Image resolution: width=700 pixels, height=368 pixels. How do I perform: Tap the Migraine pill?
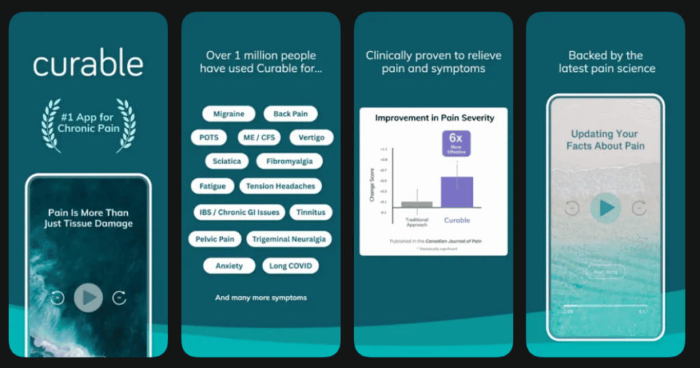[228, 114]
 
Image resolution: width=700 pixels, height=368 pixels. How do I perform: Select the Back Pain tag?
[291, 114]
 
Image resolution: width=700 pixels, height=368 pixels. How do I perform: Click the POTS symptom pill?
[208, 137]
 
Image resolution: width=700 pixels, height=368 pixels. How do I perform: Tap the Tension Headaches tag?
[280, 185]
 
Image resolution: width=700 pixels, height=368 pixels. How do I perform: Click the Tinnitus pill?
[311, 212]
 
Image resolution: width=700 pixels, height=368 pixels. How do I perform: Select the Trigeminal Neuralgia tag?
[288, 239]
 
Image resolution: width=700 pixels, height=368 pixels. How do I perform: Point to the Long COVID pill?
[291, 265]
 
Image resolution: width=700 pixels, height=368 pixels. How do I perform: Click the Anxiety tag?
[229, 265]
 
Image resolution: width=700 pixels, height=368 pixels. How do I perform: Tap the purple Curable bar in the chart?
[457, 192]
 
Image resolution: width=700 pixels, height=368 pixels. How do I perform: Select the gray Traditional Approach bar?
[416, 204]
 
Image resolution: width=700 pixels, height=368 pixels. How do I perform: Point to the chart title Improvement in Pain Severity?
[434, 118]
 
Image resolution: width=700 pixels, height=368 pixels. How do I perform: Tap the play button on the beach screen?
[606, 208]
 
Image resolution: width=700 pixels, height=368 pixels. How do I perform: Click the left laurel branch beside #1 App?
[50, 125]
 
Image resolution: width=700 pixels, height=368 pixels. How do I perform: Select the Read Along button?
[605, 272]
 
